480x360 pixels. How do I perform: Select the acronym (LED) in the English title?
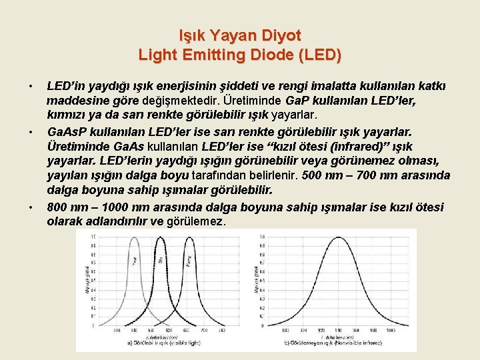click(x=318, y=55)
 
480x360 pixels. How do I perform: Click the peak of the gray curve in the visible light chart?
click(x=135, y=238)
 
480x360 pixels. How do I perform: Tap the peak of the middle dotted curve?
click(x=159, y=238)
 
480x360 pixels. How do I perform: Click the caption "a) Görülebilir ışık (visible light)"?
click(x=165, y=342)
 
